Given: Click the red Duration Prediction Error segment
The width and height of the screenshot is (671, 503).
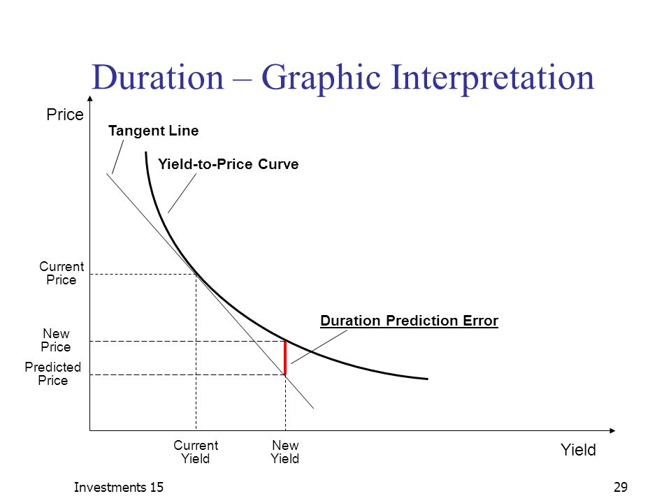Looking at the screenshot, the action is [285, 358].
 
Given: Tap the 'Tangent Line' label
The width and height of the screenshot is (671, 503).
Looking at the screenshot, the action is [153, 131].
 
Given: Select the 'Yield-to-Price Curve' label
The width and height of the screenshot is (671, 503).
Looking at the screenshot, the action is [228, 163].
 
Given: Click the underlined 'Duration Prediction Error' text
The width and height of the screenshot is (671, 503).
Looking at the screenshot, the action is [409, 321].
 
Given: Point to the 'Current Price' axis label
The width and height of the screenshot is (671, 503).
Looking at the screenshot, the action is [62, 273].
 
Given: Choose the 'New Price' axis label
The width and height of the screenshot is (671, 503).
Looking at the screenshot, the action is [56, 340].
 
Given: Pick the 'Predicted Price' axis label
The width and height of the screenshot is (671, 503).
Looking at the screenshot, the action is [52, 373].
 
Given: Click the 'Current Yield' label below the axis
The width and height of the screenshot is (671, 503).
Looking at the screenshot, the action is [196, 452].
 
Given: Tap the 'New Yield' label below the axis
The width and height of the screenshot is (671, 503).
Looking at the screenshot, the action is [285, 452].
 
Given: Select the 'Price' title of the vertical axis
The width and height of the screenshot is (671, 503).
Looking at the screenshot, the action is [65, 115].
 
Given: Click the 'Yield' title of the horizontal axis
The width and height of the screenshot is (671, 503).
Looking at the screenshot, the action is [578, 450].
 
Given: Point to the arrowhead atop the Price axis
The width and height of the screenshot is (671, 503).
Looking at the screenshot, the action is [90, 99].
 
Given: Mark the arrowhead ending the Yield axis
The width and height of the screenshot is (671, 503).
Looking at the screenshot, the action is [612, 430].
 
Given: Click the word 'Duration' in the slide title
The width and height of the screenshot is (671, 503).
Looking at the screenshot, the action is [158, 78].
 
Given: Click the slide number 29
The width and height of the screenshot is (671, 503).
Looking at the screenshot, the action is [621, 487].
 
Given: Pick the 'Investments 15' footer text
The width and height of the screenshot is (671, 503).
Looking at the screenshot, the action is [119, 487].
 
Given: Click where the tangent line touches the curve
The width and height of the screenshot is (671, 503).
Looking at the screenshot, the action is [196, 274].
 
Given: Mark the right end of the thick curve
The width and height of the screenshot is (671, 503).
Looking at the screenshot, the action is [428, 379].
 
